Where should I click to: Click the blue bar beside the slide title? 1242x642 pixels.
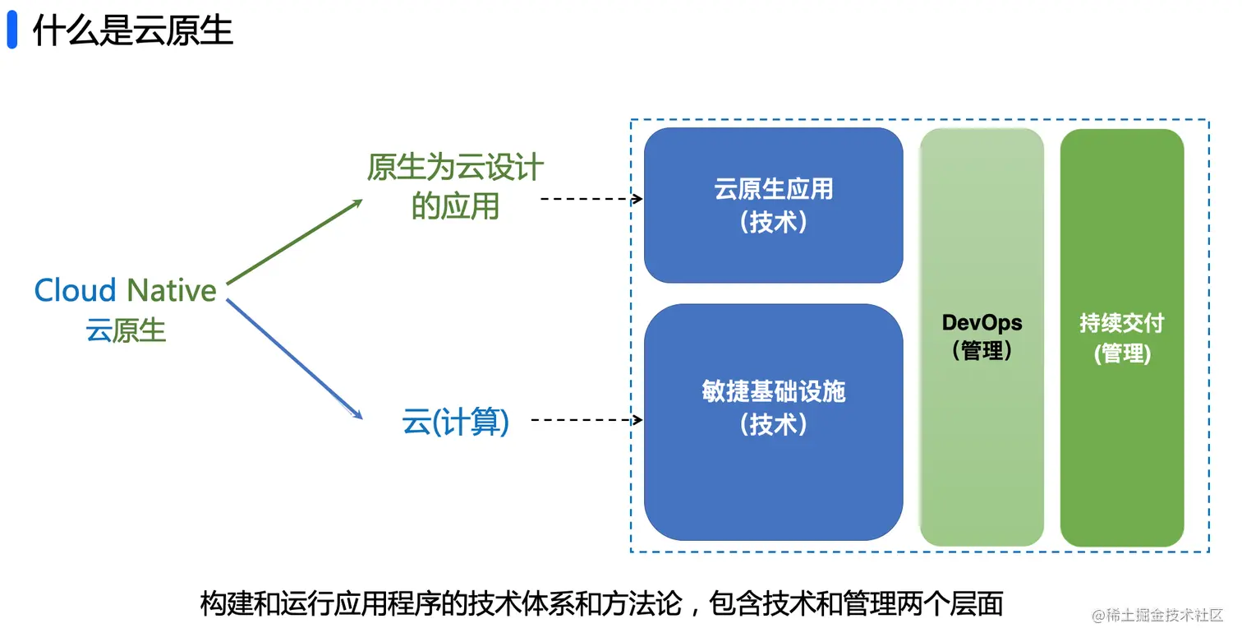[12, 30]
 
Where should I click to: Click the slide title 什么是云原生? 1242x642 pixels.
[133, 30]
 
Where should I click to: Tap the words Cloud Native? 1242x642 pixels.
[126, 290]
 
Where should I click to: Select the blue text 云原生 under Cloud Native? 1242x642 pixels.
[126, 330]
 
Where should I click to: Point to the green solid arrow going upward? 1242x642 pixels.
[294, 242]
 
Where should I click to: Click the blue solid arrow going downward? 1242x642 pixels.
[295, 359]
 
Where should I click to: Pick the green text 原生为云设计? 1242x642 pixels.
[455, 167]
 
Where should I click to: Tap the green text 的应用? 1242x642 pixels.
[455, 206]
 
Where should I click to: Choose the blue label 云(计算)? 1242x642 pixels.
[455, 422]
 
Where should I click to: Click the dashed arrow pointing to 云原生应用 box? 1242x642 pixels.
[591, 199]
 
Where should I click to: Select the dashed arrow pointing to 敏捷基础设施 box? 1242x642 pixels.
[587, 420]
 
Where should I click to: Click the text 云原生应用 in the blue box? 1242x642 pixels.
[774, 189]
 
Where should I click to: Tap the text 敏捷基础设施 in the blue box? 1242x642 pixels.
[774, 391]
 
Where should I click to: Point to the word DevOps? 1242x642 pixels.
[982, 323]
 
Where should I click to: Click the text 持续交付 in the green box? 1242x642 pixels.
[1122, 323]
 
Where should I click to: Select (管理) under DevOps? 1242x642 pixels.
[982, 351]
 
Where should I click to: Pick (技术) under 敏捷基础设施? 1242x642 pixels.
[774, 424]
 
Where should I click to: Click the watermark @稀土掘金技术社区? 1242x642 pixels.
[1157, 616]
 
